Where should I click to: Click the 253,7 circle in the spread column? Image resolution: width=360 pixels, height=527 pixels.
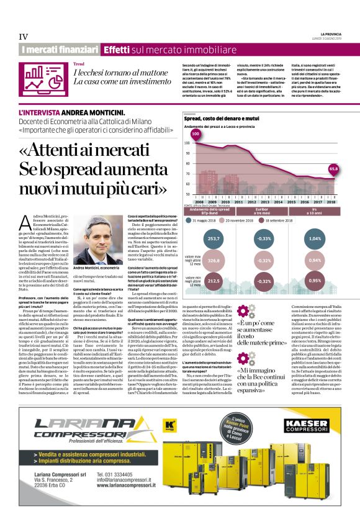click(x=214, y=238)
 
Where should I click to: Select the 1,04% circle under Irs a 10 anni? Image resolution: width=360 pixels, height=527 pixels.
click(x=315, y=238)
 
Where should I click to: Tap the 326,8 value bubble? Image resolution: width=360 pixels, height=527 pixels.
click(x=214, y=261)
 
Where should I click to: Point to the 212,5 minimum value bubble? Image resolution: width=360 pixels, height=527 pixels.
click(x=214, y=281)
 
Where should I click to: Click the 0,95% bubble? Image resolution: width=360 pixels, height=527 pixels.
click(x=315, y=281)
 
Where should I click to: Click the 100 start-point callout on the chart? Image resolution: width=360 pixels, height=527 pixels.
click(x=196, y=133)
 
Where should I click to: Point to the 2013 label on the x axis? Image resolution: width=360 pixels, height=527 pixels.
click(x=265, y=202)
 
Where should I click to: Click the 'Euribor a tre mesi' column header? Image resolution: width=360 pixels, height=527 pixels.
click(x=265, y=211)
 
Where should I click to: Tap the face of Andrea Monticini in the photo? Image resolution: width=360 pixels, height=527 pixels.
click(x=91, y=229)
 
